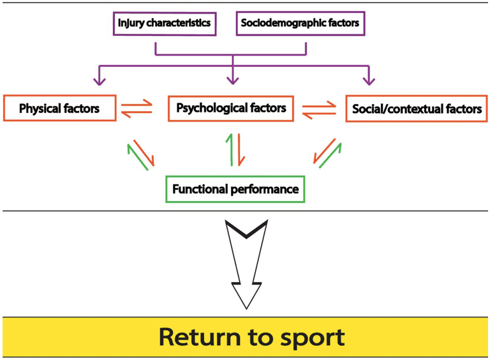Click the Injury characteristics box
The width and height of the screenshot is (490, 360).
(x=164, y=24)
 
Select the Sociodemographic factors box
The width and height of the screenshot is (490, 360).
(x=300, y=24)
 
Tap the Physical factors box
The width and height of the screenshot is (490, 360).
(x=59, y=109)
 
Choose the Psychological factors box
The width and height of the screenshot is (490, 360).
(x=231, y=108)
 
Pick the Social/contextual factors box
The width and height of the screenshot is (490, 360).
(x=417, y=109)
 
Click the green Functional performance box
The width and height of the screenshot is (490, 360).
(x=235, y=189)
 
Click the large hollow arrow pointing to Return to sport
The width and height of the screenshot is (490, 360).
(x=245, y=262)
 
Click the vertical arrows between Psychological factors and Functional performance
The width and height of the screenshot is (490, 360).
(x=233, y=149)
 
